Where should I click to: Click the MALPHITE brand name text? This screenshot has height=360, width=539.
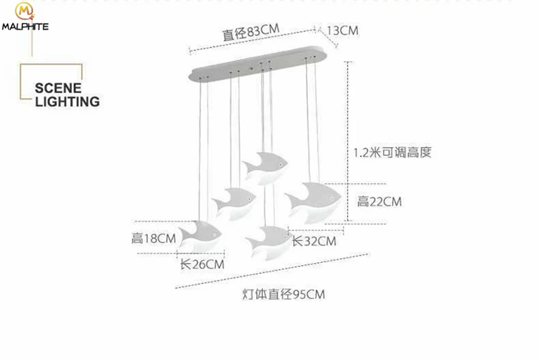click(25, 26)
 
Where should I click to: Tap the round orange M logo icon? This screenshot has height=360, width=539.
click(24, 11)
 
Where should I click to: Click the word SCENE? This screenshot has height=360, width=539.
click(58, 88)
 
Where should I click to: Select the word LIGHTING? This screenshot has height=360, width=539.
click(67, 102)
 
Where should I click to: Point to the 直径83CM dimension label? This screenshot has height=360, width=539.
click(251, 32)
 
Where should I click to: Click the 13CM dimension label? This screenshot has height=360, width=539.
click(342, 30)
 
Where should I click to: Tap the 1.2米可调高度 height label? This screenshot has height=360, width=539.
click(392, 152)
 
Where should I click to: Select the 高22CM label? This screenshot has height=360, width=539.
click(379, 202)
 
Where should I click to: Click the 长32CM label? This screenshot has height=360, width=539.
click(314, 241)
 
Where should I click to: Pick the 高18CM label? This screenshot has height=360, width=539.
click(154, 238)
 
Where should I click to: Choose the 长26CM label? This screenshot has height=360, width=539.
click(202, 264)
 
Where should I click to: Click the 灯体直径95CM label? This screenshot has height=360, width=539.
click(283, 295)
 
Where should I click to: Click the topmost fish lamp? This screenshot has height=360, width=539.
click(265, 167)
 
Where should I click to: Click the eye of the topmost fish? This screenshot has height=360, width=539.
click(281, 165)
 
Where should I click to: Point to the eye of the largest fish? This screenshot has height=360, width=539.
click(332, 199)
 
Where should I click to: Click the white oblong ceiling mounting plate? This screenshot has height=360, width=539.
click(259, 63)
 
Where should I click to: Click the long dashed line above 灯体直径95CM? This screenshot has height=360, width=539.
click(272, 271)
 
